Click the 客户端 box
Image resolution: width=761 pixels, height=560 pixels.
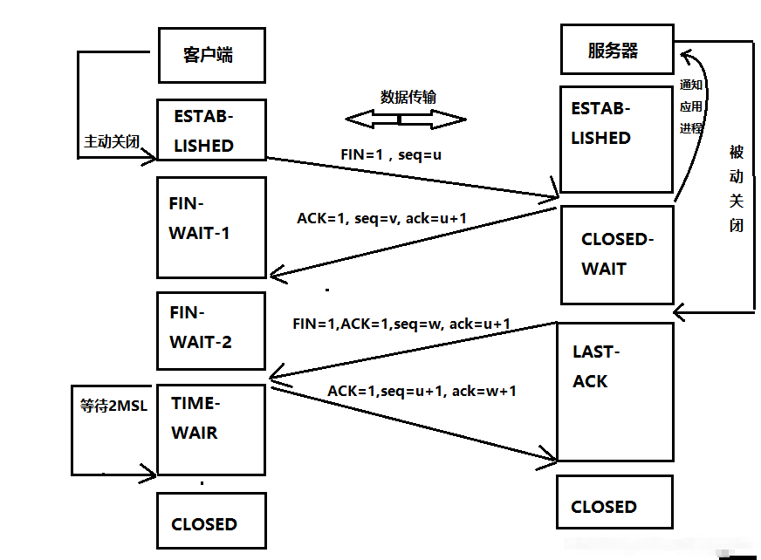(x=209, y=54)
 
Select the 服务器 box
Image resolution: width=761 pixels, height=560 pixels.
(x=616, y=50)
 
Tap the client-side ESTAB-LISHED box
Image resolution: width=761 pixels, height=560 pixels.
(x=210, y=130)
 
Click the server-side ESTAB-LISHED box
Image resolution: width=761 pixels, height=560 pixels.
(x=616, y=138)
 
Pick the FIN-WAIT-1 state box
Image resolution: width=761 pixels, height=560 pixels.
(x=210, y=227)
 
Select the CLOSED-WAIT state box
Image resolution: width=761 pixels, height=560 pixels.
(x=616, y=255)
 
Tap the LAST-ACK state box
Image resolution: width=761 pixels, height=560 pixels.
(x=616, y=391)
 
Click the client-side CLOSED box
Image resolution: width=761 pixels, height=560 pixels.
(x=210, y=523)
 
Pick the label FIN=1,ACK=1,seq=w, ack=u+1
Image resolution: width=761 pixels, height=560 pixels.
(x=401, y=324)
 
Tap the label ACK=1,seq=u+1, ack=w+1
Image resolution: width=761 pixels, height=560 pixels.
(x=422, y=391)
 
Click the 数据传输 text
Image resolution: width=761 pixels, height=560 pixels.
(x=407, y=97)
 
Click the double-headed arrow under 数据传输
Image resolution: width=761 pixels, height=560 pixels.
(x=406, y=119)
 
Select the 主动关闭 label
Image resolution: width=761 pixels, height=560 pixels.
(x=112, y=140)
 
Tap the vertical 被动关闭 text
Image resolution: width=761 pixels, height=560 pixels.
(x=737, y=188)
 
